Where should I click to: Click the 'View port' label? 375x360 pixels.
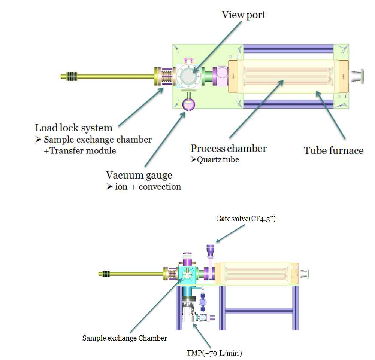244,15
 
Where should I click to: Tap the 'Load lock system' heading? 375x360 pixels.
74,128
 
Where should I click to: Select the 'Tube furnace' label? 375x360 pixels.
334,150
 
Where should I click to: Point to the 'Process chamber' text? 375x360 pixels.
229,148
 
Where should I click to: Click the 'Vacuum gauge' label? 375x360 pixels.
139,176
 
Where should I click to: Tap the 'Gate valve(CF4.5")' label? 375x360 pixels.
246,219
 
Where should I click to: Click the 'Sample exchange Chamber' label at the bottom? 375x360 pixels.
125,338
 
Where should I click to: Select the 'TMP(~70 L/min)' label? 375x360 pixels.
214,353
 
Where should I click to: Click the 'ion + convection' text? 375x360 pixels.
148,187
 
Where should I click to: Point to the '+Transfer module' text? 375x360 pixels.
80,151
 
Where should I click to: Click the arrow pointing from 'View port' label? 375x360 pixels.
217,46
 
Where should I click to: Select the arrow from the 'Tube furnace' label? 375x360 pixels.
330,115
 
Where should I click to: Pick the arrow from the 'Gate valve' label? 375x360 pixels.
230,234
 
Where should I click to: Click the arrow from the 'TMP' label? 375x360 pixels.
202,335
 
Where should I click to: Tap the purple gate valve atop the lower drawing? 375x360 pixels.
211,251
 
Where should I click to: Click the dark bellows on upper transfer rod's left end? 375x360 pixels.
72,76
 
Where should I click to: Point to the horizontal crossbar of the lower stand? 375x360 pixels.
259,311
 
